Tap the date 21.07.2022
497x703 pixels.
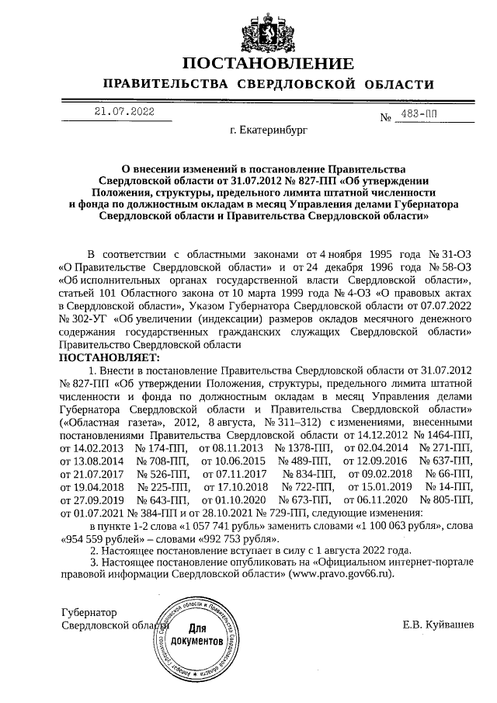point(124,112)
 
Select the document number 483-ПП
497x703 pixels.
point(419,113)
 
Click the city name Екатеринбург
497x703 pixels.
point(269,133)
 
